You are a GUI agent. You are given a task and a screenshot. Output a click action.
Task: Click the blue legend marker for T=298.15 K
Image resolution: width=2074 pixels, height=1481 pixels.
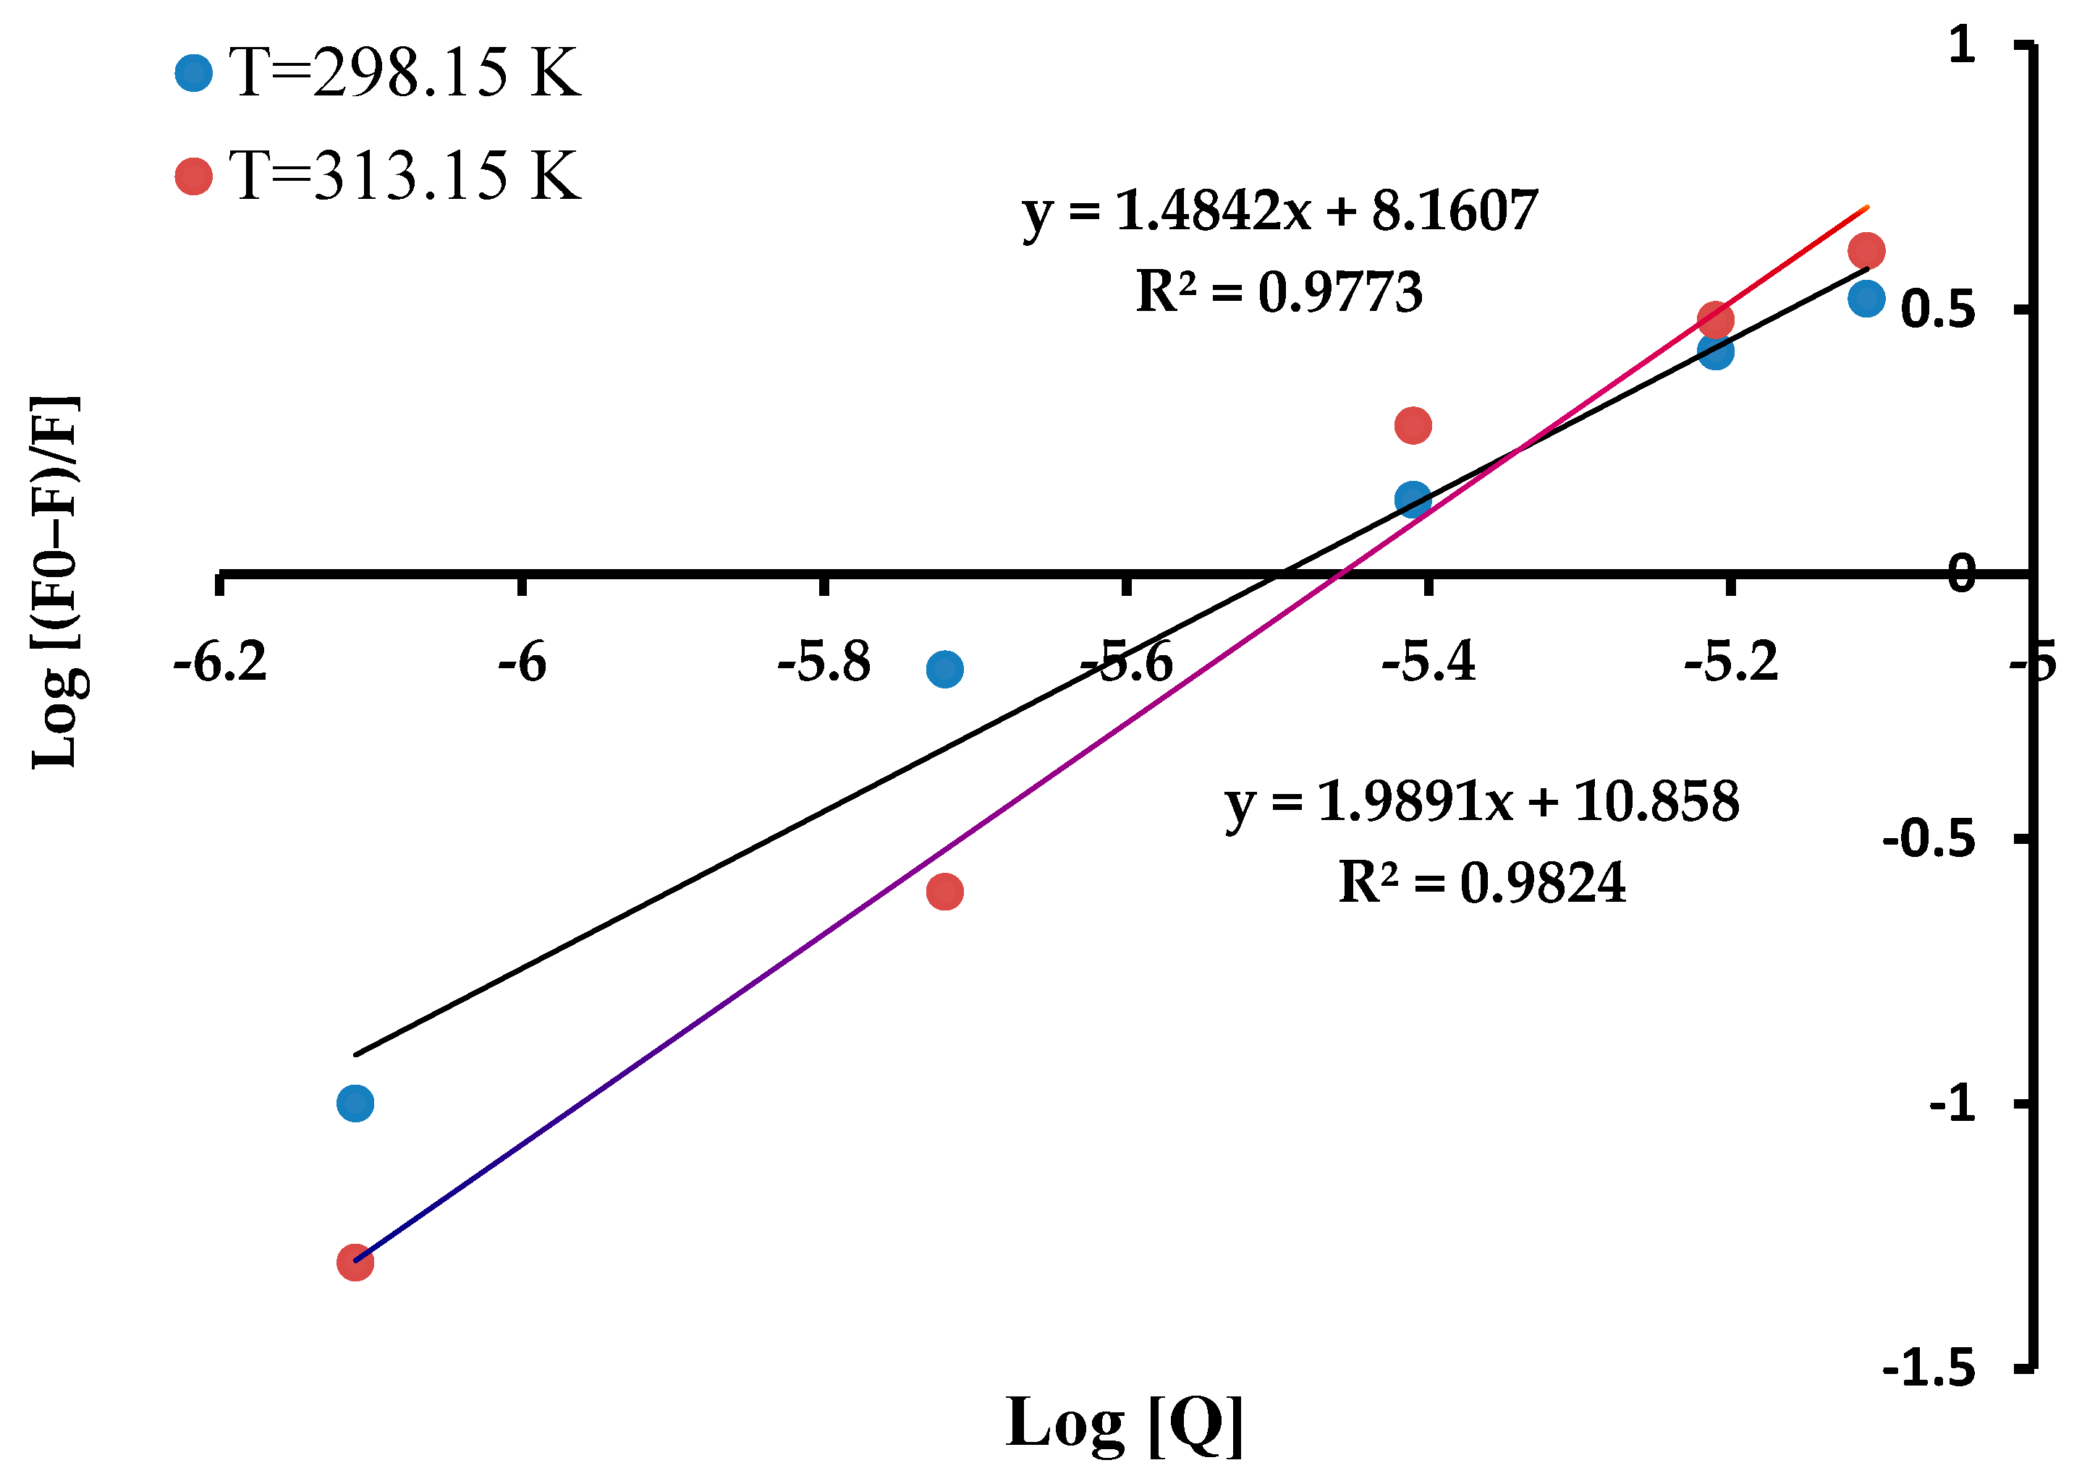tap(193, 73)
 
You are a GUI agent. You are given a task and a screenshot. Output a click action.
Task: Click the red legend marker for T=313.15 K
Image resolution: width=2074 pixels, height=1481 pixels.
tap(193, 176)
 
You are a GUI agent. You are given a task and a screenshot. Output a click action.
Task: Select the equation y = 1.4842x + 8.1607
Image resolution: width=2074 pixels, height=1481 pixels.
tap(1280, 213)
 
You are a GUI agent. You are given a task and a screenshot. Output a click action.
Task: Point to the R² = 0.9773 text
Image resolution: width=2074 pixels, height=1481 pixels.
tap(1279, 293)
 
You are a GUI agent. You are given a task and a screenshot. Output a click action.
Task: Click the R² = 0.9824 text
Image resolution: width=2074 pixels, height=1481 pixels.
tap(1482, 883)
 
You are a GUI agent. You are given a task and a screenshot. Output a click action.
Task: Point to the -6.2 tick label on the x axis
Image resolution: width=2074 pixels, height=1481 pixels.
tap(220, 662)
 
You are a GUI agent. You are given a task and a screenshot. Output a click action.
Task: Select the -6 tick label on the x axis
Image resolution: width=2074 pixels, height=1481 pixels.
tap(522, 662)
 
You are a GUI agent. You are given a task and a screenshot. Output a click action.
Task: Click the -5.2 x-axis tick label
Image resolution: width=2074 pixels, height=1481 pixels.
tap(1731, 662)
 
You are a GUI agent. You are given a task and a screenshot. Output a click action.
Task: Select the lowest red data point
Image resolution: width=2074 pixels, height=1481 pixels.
tap(355, 1262)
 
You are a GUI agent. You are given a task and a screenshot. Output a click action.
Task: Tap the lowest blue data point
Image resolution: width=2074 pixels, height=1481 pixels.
tap(355, 1104)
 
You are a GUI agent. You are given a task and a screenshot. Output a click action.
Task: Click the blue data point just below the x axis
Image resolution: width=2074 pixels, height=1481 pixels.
tap(944, 670)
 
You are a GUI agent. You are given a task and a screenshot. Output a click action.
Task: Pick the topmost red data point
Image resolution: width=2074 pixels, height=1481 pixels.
tap(1866, 250)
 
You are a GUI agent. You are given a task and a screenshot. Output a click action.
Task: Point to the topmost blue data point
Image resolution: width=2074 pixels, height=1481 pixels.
tap(1866, 298)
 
